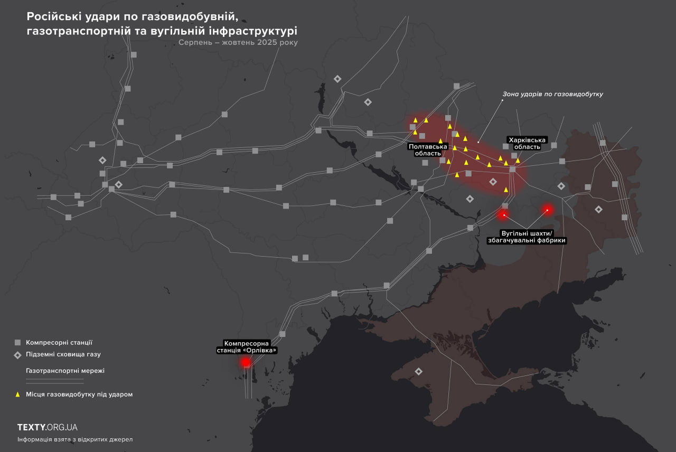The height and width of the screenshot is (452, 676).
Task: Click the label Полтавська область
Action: tap(428, 149)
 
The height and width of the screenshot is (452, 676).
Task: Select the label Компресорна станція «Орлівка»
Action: tap(247, 346)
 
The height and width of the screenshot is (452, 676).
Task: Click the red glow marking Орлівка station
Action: tap(246, 362)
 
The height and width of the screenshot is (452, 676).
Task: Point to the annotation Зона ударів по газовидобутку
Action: tap(552, 94)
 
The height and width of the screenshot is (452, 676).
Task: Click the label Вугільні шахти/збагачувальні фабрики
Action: tap(527, 237)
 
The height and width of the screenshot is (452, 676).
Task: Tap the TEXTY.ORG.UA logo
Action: tap(48, 427)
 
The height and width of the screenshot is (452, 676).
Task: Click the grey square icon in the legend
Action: tap(17, 342)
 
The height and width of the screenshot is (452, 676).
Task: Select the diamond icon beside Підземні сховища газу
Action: tap(17, 355)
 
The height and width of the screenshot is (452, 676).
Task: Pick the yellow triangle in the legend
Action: tap(17, 394)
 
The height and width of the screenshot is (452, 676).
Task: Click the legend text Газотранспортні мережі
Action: tap(65, 371)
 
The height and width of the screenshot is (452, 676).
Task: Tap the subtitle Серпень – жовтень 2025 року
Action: tap(238, 43)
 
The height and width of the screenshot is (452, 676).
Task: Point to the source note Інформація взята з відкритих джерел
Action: tap(75, 439)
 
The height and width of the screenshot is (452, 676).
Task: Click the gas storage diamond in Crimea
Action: tap(419, 371)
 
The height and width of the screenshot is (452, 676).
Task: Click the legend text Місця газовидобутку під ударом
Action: tap(79, 394)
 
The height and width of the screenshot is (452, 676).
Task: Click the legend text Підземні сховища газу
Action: tap(63, 355)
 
